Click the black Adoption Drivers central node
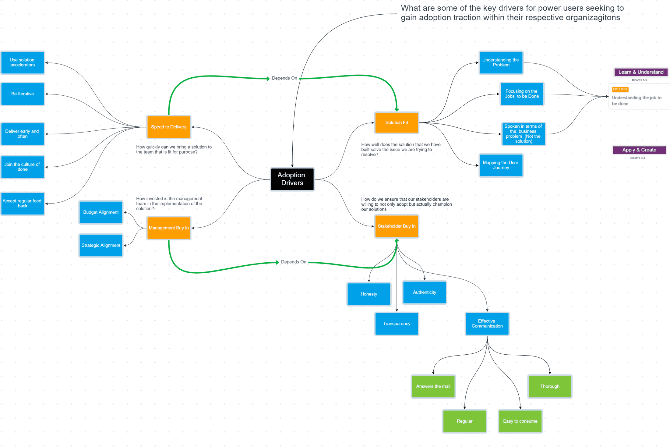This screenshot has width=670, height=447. [292, 179]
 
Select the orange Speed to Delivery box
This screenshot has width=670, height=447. [168, 127]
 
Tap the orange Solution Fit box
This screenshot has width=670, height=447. [396, 122]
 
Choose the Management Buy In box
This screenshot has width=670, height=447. [168, 228]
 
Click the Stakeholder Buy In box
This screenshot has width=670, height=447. [396, 226]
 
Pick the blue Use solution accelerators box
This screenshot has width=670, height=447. [23, 62]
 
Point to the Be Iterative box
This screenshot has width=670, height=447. [23, 94]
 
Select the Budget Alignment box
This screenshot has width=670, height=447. [101, 212]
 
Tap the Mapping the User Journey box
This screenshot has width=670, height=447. [501, 165]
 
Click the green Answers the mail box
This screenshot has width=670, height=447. [433, 386]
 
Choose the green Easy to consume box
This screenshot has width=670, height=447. [520, 421]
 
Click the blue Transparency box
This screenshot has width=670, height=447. [396, 323]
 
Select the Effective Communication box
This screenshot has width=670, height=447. [487, 323]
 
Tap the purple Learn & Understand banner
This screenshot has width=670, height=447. [640, 72]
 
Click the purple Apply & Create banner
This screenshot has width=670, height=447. [639, 150]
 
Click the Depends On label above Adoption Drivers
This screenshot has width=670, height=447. [284, 78]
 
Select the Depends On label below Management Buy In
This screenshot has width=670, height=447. [293, 262]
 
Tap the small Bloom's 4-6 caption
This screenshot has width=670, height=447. [637, 158]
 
